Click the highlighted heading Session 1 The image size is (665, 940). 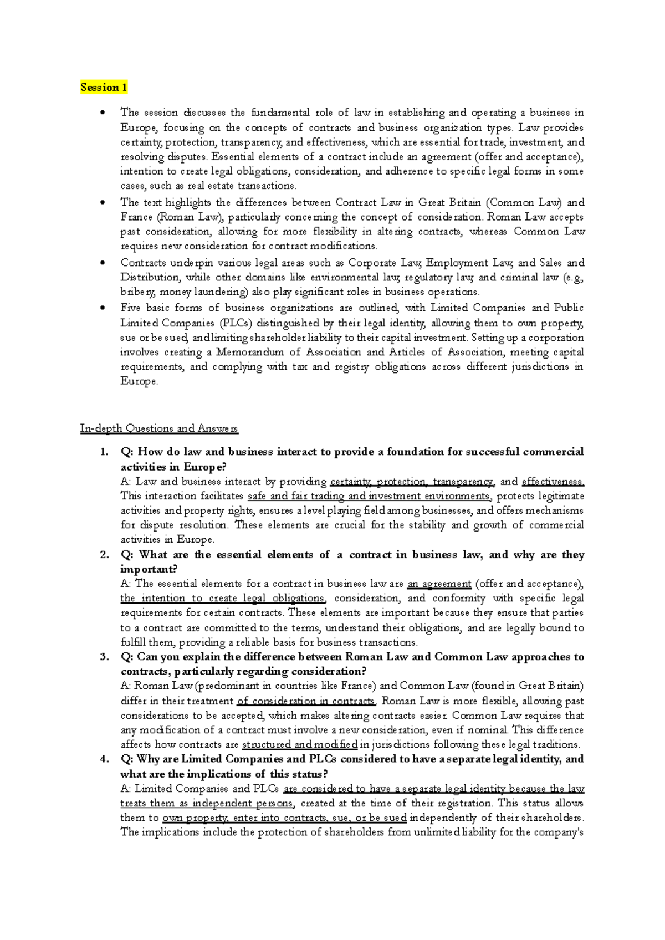(104, 87)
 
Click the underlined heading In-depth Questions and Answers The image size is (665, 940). (158, 428)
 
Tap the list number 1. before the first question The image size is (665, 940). (104, 452)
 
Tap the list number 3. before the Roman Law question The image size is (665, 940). (104, 657)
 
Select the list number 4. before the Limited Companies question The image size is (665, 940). (104, 759)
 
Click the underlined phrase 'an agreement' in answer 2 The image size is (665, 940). (439, 583)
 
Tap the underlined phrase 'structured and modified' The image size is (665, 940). (300, 744)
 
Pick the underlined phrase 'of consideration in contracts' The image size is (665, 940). (306, 701)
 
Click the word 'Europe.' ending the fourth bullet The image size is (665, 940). (139, 381)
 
